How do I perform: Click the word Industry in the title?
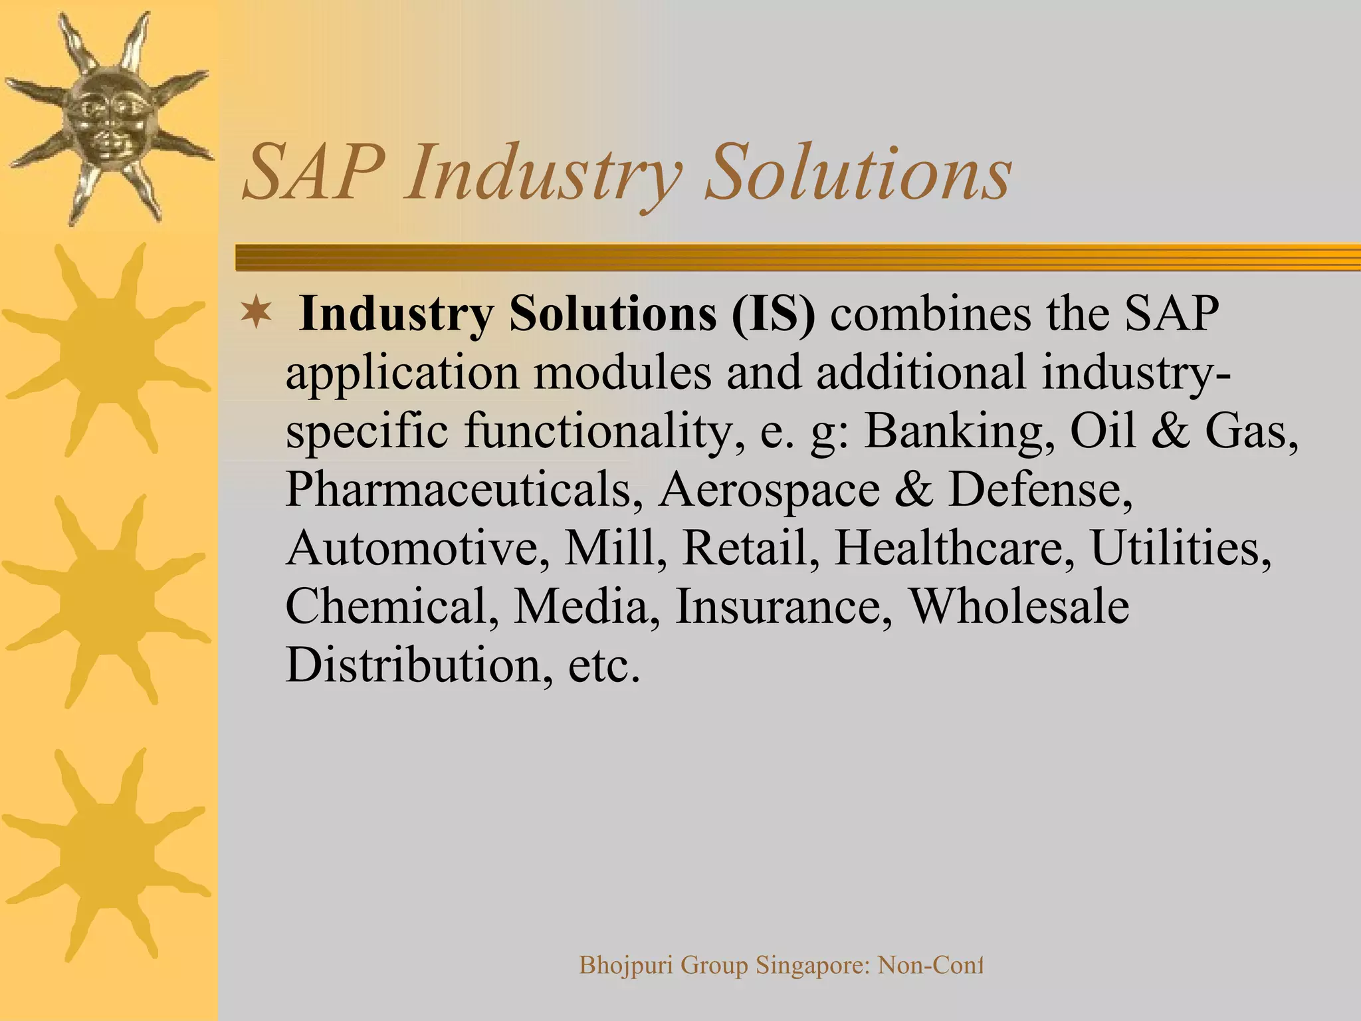tap(544, 174)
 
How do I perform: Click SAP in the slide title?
tap(314, 174)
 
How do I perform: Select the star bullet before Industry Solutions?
tap(256, 314)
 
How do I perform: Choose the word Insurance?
tap(784, 606)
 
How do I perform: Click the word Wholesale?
tap(1019, 606)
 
